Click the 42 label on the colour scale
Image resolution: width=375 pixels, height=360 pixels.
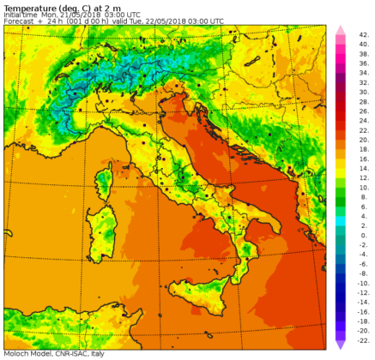click(364, 35)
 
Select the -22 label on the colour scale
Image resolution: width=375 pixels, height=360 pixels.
click(364, 340)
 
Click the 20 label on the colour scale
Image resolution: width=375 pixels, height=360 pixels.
click(364, 140)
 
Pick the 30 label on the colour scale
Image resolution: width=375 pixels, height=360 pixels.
click(364, 93)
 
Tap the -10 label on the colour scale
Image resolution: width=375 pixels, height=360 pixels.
click(364, 283)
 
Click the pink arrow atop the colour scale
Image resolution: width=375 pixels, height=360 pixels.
click(340, 30)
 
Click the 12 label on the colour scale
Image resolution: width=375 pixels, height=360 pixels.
click(364, 178)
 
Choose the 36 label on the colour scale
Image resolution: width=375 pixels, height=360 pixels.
click(364, 63)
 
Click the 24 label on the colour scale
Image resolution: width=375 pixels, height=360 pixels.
click(364, 121)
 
